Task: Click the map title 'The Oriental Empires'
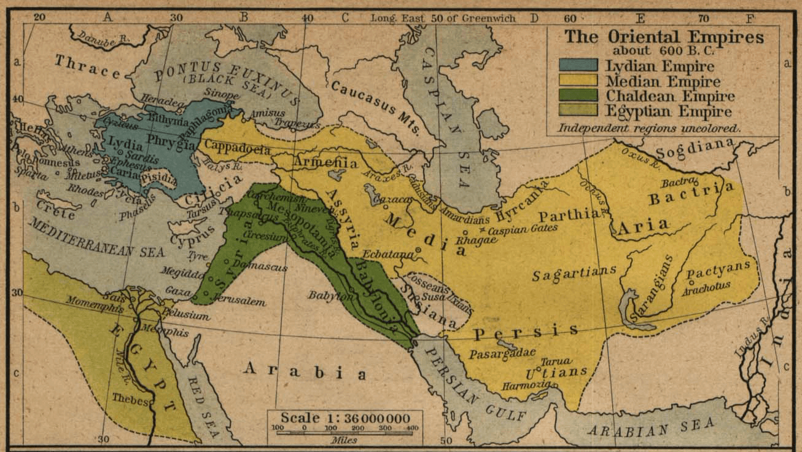coord(664,37)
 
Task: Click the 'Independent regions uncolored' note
coord(649,129)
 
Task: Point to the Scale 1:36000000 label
coord(345,418)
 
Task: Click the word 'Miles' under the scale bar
coord(344,440)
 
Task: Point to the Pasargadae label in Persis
coord(502,354)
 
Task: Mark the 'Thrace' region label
coord(88,68)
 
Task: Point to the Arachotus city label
coord(706,285)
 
